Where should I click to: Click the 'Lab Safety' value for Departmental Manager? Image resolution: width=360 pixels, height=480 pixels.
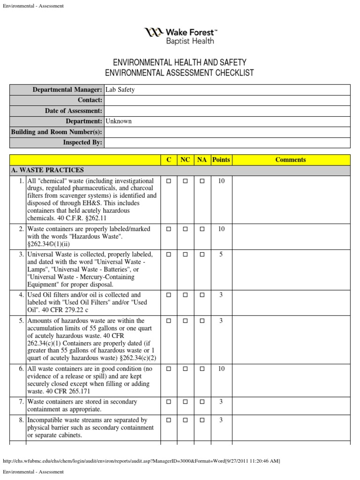click(x=120, y=90)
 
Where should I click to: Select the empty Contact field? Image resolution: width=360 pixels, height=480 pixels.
click(x=227, y=100)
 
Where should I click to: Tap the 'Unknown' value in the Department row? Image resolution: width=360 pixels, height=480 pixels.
click(x=119, y=121)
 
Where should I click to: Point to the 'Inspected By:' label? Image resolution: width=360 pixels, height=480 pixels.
click(x=82, y=142)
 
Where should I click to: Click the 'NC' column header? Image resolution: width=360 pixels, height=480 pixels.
click(x=185, y=160)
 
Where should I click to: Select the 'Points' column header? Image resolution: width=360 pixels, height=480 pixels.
click(x=221, y=160)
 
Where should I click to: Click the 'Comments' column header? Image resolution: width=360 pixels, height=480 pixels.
click(x=290, y=160)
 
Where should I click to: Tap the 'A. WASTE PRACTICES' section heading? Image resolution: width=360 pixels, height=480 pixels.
click(x=47, y=170)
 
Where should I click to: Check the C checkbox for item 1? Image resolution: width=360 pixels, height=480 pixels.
click(x=169, y=181)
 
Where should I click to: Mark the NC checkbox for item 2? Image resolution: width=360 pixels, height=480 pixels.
click(x=185, y=229)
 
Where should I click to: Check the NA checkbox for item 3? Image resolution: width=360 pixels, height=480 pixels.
click(x=202, y=255)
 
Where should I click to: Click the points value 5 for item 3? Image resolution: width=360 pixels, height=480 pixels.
click(x=221, y=255)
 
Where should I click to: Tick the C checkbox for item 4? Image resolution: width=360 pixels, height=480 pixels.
click(x=169, y=295)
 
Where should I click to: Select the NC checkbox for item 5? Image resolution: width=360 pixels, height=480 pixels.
click(x=185, y=321)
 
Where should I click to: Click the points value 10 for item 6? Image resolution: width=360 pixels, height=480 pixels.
click(x=221, y=369)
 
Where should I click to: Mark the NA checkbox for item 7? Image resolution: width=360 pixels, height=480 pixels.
click(x=202, y=402)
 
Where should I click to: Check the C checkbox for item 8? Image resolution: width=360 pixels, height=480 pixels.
click(x=169, y=420)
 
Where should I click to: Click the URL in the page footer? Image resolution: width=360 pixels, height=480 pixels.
click(x=141, y=461)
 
